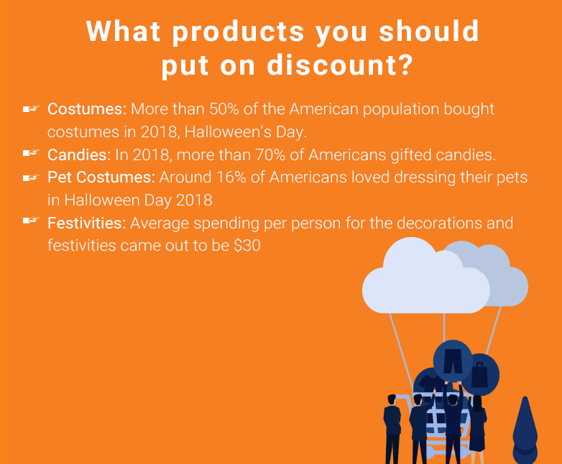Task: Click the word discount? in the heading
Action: [x=340, y=65]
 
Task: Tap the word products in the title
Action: [x=238, y=32]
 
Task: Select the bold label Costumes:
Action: [x=87, y=109]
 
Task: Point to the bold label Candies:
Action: [x=79, y=154]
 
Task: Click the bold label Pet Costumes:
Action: [x=101, y=177]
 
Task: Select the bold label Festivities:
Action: [x=87, y=223]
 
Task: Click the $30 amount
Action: [x=247, y=246]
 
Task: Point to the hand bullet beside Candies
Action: [x=31, y=154]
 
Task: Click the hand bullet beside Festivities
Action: [x=31, y=221]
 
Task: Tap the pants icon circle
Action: [x=453, y=361]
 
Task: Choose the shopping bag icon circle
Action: [x=480, y=375]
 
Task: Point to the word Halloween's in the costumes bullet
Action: [x=228, y=132]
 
